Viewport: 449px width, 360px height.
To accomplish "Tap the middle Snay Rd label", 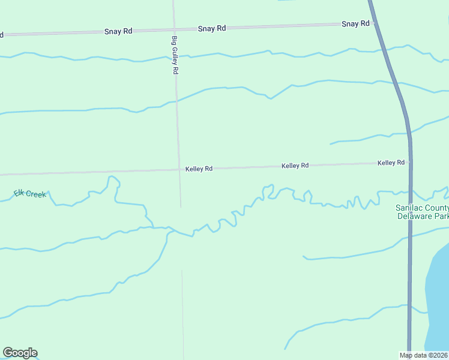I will [x=212, y=28].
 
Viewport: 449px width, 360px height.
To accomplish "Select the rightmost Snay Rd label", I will [x=355, y=24].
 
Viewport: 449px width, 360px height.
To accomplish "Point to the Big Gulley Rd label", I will [x=175, y=55].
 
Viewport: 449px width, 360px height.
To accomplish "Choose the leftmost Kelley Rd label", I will [x=199, y=169].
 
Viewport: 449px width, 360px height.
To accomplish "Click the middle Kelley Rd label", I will [x=295, y=165].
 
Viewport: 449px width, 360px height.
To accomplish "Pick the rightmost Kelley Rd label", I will [x=391, y=163].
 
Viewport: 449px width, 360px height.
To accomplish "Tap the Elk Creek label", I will [x=29, y=194].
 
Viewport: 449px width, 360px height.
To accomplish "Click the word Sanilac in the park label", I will [x=409, y=208].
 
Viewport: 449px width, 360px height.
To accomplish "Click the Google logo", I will [x=20, y=353].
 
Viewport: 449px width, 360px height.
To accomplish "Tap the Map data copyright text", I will [x=424, y=355].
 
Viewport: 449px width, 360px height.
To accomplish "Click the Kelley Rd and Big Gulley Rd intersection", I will [x=179, y=170].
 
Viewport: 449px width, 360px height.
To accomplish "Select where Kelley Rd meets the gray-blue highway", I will [x=410, y=162].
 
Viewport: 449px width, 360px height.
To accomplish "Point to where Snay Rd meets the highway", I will [x=375, y=23].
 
